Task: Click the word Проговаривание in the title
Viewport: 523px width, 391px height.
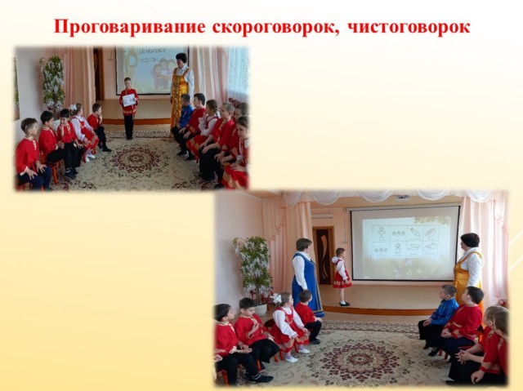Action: (129, 27)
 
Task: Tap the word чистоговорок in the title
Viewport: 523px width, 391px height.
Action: (409, 27)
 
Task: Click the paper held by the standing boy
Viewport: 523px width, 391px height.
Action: (129, 100)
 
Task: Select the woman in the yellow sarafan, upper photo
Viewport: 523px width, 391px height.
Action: (181, 89)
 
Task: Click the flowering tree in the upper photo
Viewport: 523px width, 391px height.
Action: (52, 84)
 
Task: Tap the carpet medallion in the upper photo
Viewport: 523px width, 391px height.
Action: (136, 159)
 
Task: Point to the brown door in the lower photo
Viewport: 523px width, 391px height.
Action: (324, 255)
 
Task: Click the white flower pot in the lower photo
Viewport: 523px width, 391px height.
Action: (261, 309)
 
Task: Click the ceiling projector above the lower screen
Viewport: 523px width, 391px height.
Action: (403, 197)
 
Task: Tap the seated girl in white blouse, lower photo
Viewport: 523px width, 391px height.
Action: (289, 327)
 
